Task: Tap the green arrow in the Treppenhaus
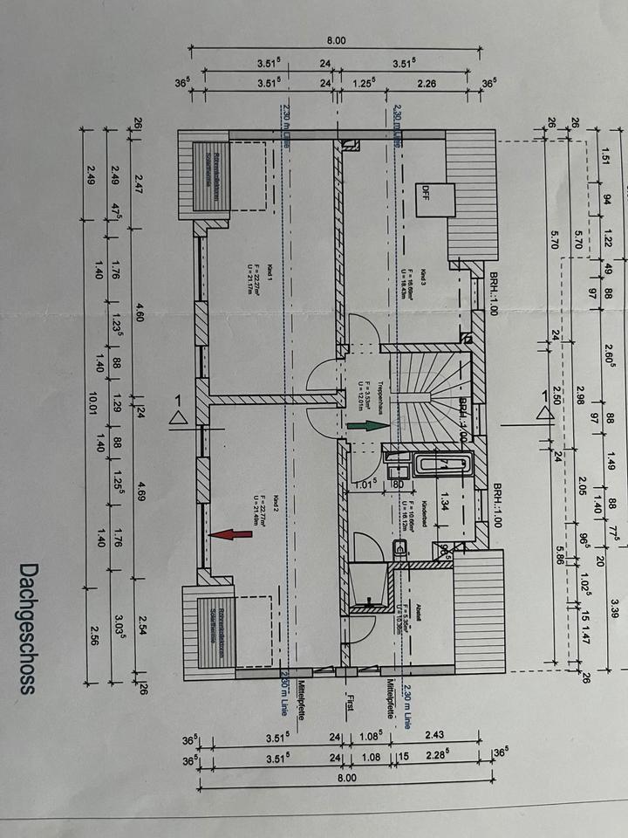pos(365,426)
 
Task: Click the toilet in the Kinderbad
pos(402,549)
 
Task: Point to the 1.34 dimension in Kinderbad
pos(444,501)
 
